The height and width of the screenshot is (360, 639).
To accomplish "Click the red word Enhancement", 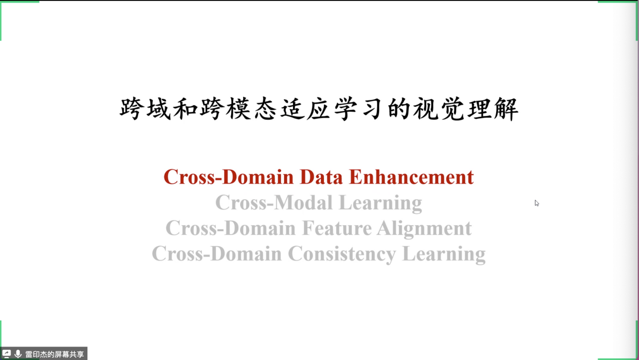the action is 411,177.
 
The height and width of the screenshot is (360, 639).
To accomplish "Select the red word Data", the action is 321,177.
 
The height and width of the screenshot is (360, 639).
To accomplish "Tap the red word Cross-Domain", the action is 229,177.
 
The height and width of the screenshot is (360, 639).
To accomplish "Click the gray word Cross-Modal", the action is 274,203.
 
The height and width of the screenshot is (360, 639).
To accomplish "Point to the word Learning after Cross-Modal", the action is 380,203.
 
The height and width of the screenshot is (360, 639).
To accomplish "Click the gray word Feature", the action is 336,228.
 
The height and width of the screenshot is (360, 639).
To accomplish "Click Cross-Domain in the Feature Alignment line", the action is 231,228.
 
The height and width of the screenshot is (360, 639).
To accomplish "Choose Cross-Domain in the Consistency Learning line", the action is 217,254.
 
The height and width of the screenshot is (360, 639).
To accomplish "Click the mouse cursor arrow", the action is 537,203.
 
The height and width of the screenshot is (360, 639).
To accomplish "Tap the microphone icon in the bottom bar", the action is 18,354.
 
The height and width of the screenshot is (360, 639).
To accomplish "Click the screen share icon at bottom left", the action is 6,354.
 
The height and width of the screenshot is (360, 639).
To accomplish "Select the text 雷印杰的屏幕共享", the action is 54,354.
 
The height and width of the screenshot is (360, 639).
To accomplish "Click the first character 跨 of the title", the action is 131,109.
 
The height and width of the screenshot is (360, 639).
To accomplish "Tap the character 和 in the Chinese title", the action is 185,109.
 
